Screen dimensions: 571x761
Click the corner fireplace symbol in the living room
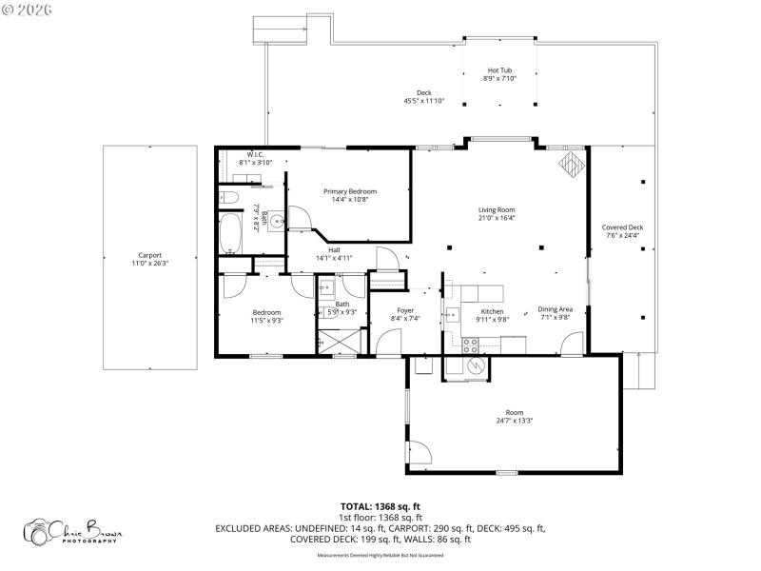coord(572,164)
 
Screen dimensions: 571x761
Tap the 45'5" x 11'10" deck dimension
coord(424,101)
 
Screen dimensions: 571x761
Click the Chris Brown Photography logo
coord(73,530)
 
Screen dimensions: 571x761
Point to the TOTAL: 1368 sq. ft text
coord(380,506)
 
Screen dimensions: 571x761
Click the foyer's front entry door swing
coord(387,339)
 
